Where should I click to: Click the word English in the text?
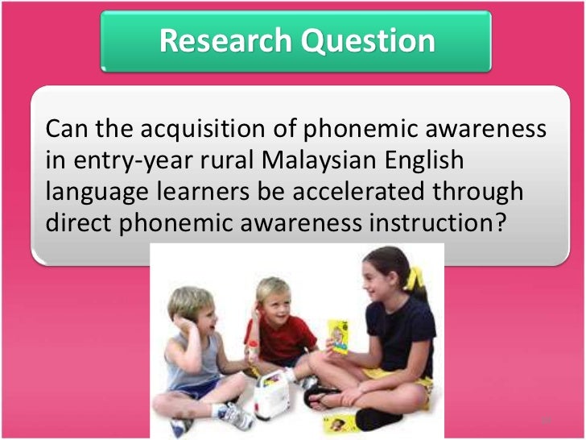pos(426,160)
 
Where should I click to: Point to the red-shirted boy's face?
pos(279,302)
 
